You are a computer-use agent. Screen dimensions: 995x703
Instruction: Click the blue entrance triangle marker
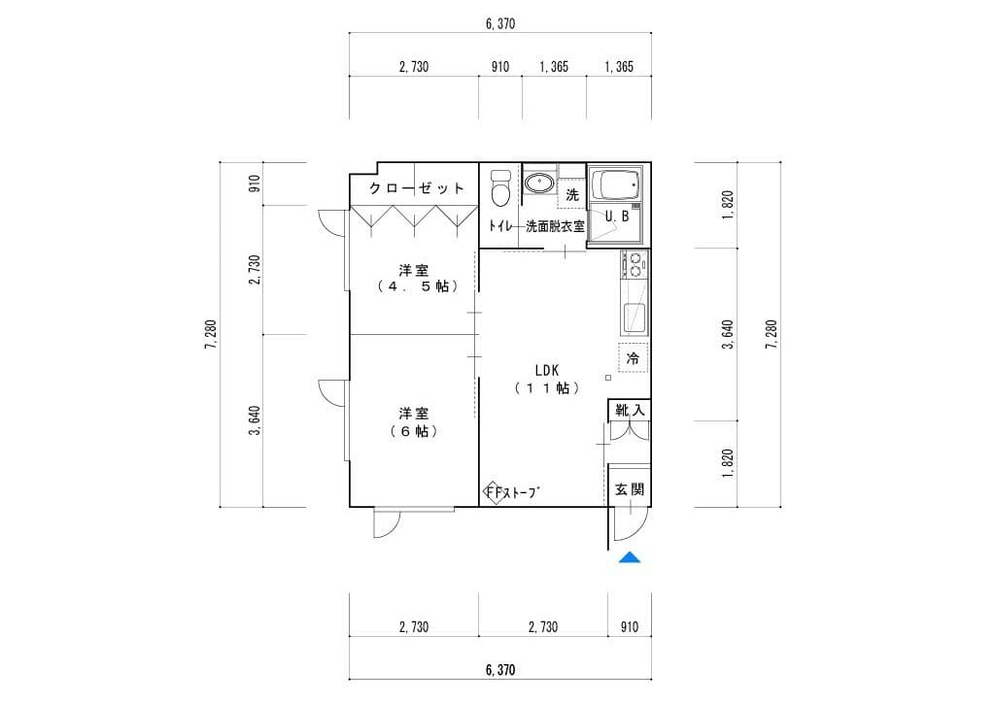630,557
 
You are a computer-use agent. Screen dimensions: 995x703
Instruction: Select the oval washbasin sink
539,184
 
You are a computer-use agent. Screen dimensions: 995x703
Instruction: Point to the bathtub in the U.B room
615,184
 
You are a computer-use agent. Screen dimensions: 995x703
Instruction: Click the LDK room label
546,370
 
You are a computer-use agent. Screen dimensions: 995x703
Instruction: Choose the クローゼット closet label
416,188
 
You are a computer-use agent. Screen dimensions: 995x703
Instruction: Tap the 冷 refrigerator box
633,358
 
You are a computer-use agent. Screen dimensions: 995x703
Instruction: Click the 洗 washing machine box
571,194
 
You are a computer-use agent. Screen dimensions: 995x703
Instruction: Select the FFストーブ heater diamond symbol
493,492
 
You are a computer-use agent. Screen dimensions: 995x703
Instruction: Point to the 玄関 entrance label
629,489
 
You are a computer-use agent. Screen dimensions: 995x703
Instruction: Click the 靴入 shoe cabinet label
630,410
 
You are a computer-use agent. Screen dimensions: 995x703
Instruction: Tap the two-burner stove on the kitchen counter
635,265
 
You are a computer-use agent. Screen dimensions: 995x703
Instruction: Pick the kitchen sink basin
635,318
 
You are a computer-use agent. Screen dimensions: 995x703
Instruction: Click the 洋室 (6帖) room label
414,422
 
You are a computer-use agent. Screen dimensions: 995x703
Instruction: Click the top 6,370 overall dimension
500,24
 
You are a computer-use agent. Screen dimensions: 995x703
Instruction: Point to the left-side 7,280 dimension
211,334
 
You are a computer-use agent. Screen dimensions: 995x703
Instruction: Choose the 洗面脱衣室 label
555,226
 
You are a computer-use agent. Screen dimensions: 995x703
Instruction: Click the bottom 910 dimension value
629,627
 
